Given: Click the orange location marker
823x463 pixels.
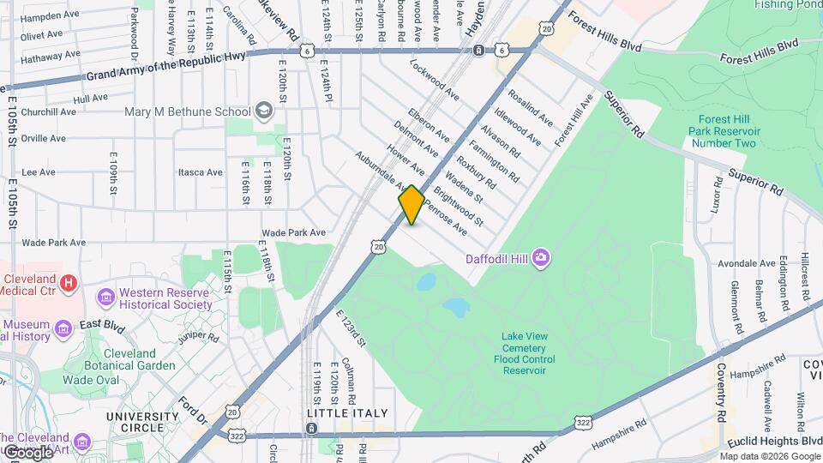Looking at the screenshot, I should point(411,205).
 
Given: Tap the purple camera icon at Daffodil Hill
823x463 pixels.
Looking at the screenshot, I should point(541,257).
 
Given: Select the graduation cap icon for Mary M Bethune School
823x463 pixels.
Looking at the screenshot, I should point(264,111).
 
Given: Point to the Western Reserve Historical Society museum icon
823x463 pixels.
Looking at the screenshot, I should point(106,297).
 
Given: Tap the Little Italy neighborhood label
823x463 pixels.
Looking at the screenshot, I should point(340,413).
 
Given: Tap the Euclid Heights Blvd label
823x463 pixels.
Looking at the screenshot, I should point(772,440).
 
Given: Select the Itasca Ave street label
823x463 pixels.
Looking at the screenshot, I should point(200,172).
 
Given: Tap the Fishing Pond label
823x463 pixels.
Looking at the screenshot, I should point(790,4).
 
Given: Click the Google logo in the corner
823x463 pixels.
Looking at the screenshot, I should point(27,452).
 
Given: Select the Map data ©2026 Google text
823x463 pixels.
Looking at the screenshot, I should point(770,456).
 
